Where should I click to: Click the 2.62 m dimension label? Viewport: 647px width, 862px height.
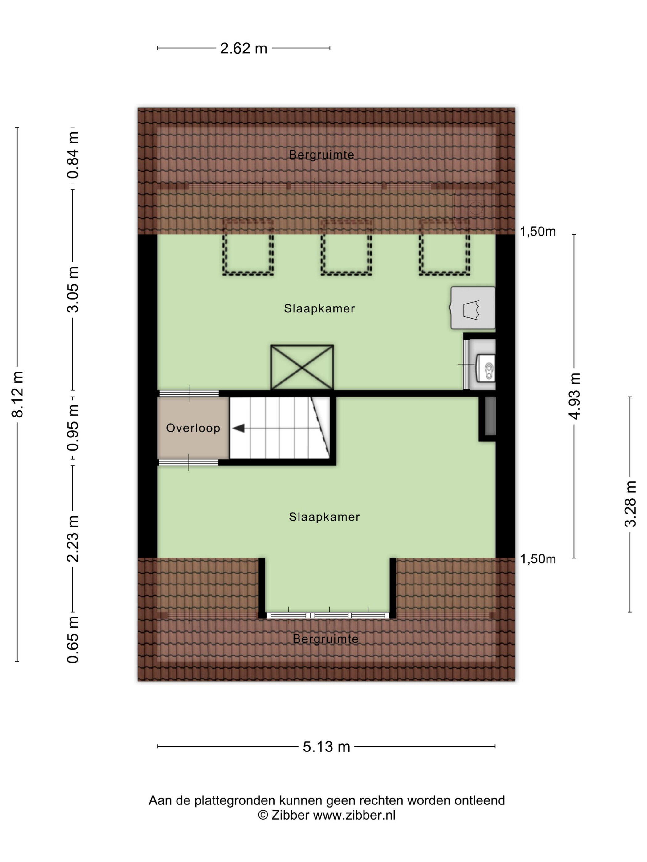[243, 48]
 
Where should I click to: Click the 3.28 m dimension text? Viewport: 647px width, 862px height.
[630, 504]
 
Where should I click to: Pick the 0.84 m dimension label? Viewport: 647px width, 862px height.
[73, 155]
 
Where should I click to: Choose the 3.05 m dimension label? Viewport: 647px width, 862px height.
[73, 290]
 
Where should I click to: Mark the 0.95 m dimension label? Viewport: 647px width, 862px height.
[73, 428]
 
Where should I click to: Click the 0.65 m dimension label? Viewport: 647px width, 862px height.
[73, 639]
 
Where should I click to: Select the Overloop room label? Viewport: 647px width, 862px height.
[193, 428]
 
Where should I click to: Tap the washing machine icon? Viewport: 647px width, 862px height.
[472, 308]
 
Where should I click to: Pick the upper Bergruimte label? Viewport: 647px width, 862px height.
[321, 155]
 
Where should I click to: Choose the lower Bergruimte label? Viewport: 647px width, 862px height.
[326, 639]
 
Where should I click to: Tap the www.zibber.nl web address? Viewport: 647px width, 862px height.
[354, 815]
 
